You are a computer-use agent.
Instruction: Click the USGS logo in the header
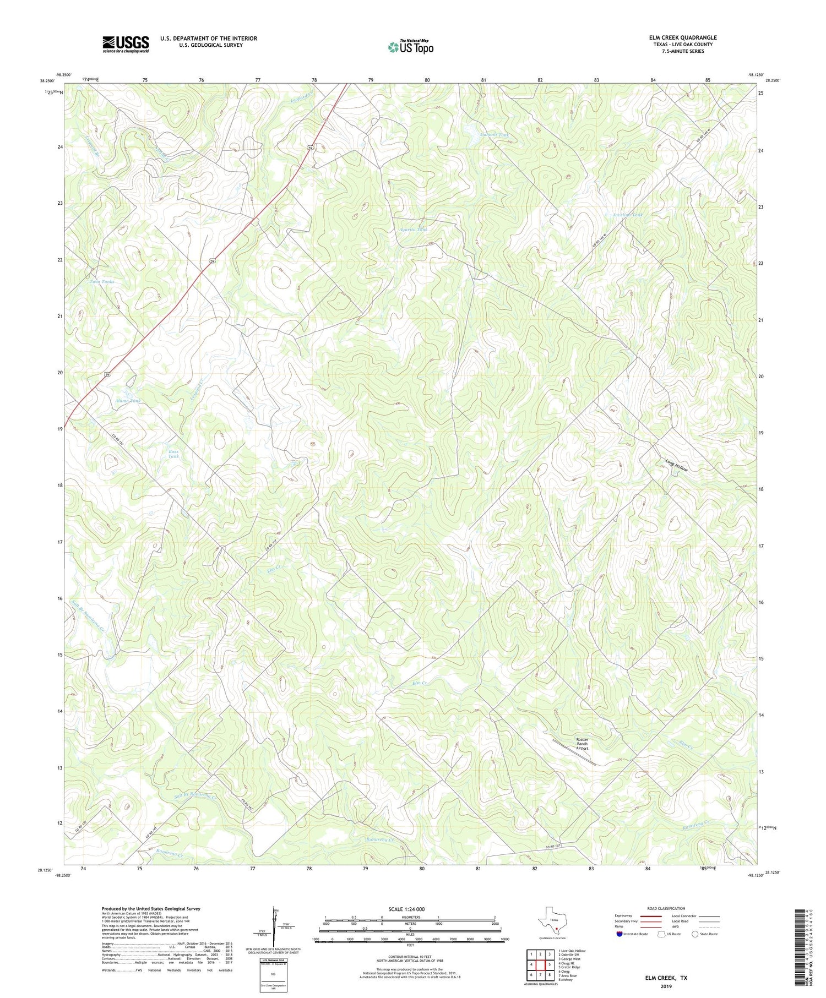click(126, 44)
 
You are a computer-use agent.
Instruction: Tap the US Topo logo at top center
click(410, 47)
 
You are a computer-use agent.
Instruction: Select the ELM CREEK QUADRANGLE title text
click(682, 37)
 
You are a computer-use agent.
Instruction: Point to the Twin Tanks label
click(102, 281)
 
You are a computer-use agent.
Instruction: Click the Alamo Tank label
click(128, 401)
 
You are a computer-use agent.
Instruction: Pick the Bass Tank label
click(173, 454)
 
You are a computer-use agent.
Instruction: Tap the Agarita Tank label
click(414, 230)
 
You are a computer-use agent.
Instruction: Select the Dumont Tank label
click(494, 134)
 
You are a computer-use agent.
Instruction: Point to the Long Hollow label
click(676, 466)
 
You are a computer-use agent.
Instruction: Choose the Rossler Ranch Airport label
click(582, 744)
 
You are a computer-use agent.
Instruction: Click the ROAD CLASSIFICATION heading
click(666, 908)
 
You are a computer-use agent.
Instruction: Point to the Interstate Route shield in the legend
click(619, 934)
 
